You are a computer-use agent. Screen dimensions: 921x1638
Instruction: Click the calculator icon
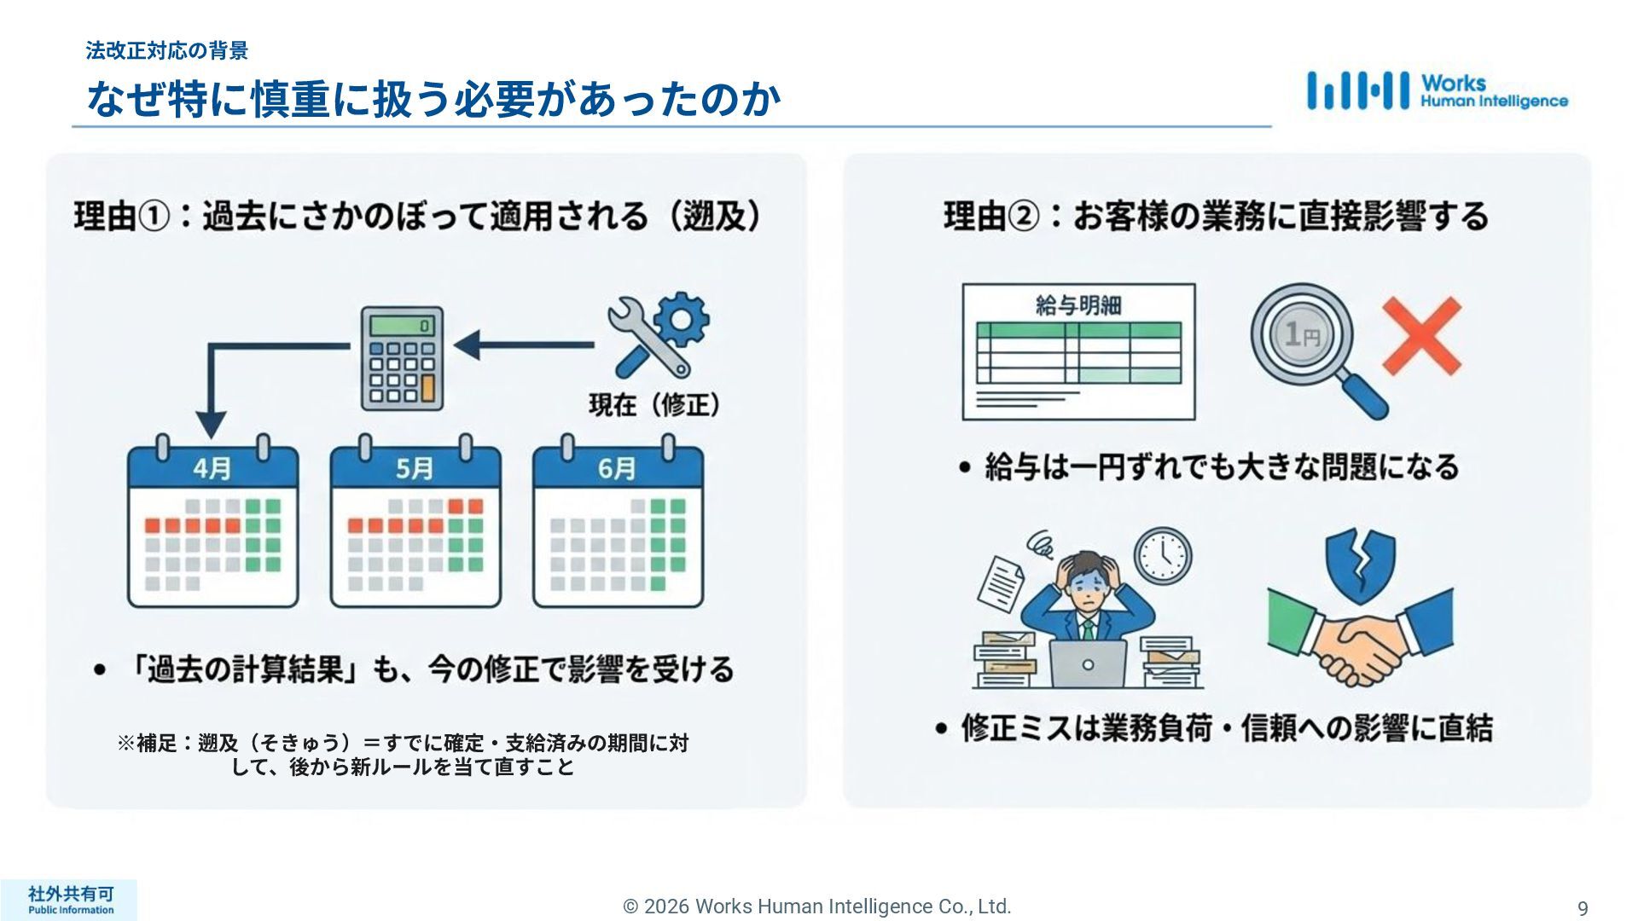click(x=402, y=358)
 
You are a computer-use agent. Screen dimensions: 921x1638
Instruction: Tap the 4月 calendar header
click(x=212, y=468)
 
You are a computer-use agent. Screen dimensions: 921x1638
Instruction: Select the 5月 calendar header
click(x=415, y=468)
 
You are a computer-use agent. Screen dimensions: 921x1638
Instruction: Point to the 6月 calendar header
click(x=617, y=468)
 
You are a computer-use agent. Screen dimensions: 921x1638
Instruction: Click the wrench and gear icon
click(x=658, y=334)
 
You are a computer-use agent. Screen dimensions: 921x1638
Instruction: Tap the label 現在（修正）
click(x=654, y=404)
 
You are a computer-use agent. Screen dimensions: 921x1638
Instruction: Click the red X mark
click(x=1420, y=336)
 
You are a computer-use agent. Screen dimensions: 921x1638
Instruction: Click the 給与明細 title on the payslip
click(x=1078, y=305)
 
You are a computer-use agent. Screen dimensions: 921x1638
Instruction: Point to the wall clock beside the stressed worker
click(x=1163, y=555)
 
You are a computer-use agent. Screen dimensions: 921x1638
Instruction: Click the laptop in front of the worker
click(x=1088, y=663)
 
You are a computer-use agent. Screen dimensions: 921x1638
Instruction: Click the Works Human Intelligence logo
click(x=1437, y=91)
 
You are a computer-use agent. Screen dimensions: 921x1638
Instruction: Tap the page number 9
click(x=1583, y=908)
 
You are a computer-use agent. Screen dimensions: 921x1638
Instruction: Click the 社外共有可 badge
click(x=70, y=900)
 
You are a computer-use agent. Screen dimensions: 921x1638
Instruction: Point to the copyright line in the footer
click(x=817, y=907)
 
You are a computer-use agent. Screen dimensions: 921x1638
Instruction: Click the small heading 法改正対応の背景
click(x=167, y=50)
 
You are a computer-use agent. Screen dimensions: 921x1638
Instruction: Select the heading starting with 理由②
click(x=1216, y=216)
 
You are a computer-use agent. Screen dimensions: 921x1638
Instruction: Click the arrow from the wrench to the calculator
click(x=525, y=345)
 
